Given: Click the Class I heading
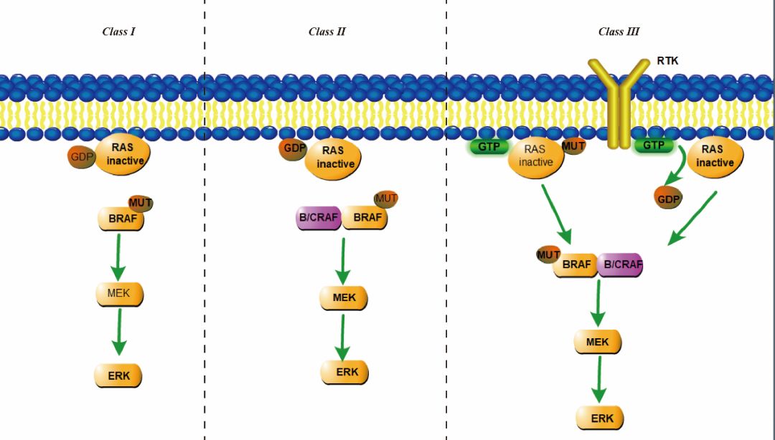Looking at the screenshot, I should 119,32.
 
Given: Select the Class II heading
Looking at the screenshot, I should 327,32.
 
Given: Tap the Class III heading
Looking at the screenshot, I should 619,32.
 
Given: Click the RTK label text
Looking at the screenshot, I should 667,61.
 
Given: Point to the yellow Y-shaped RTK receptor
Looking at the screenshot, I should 619,100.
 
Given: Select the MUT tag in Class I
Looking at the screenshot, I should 141,203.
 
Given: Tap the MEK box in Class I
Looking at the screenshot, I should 120,293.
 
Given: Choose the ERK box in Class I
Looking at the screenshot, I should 118,374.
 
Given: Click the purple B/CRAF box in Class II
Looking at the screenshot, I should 318,217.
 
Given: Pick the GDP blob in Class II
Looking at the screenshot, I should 293,149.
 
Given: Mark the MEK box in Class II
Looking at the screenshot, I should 344,297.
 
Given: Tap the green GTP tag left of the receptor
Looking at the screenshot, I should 489,146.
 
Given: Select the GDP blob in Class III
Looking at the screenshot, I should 668,198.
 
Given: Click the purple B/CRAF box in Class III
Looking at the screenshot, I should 620,264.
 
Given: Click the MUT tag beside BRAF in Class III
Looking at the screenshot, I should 549,254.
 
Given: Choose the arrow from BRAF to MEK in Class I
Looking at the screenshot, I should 118,257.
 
